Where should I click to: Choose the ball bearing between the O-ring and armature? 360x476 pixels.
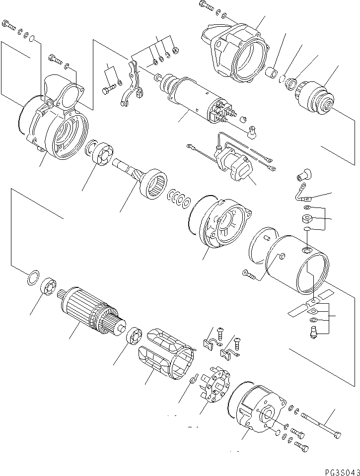click(49, 287)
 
